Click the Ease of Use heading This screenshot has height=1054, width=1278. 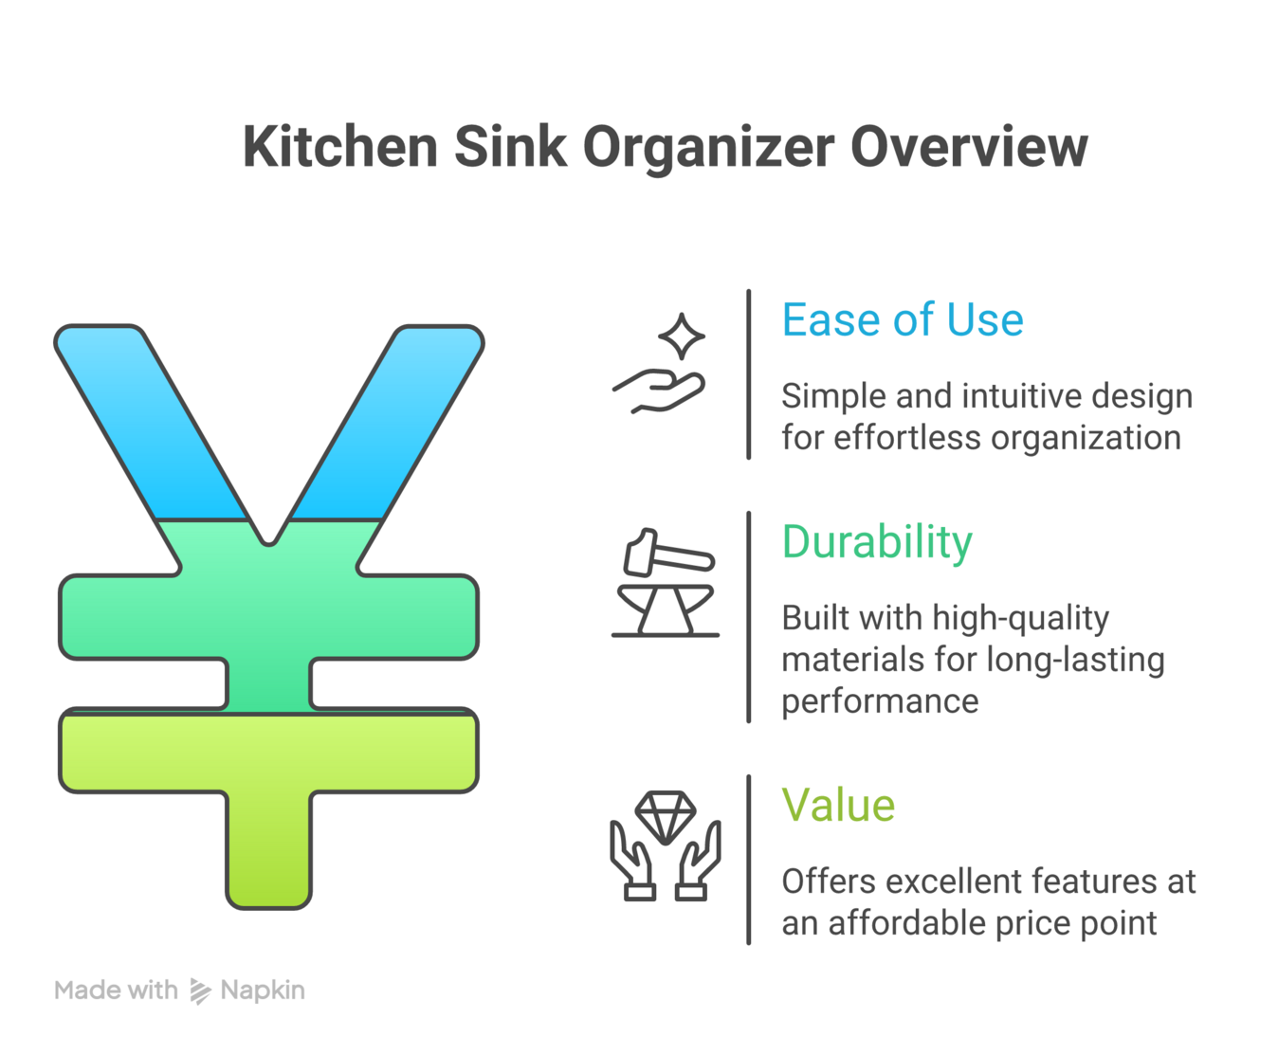[902, 319]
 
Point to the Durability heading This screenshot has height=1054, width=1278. [877, 542]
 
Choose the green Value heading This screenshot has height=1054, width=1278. [838, 806]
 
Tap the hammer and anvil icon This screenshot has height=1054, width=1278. [666, 583]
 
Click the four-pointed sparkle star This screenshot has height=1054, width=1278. [682, 336]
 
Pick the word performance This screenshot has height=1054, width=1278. [880, 701]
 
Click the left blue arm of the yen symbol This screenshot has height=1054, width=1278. [152, 422]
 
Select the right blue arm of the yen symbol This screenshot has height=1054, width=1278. [388, 422]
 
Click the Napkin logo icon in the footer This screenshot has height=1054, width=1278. [200, 990]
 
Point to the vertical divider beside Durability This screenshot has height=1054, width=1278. [749, 616]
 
